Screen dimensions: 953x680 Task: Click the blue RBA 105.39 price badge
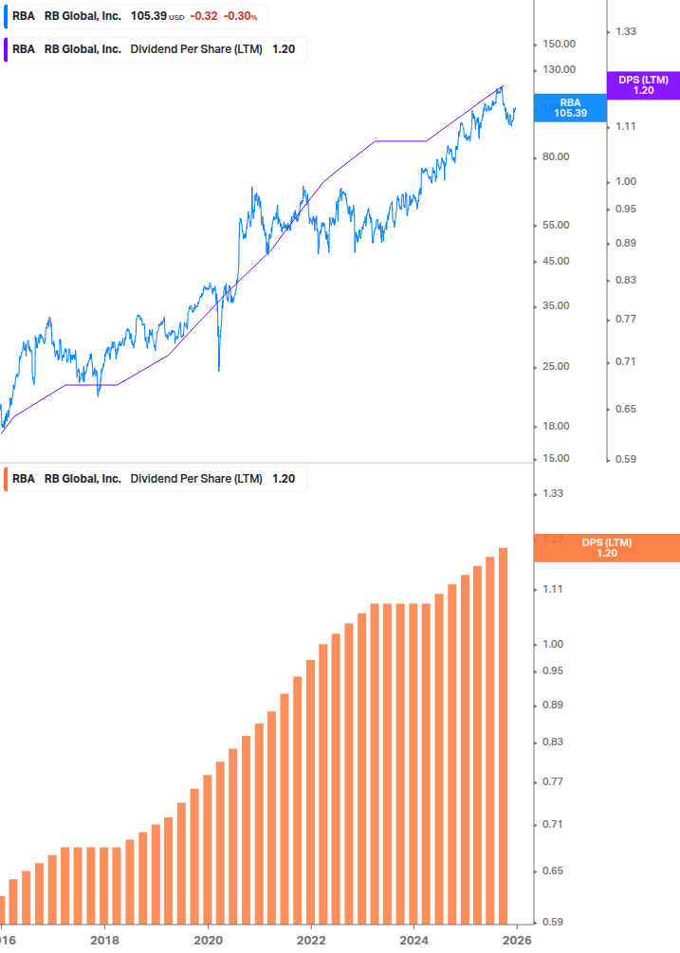[570, 107]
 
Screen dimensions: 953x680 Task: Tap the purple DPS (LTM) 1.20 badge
[643, 85]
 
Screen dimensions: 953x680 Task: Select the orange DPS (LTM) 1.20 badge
[607, 548]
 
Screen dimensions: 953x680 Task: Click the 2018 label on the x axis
[104, 940]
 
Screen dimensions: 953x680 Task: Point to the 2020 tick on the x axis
[208, 940]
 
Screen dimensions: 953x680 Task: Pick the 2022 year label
[311, 940]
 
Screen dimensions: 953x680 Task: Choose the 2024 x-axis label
[414, 940]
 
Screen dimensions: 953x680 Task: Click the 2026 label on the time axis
[517, 940]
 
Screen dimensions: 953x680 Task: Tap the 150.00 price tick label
[559, 44]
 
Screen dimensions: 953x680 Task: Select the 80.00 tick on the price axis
[556, 156]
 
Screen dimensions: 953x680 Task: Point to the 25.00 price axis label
[556, 367]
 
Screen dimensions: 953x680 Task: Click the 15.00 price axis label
[556, 459]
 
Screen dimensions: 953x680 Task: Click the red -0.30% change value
[241, 16]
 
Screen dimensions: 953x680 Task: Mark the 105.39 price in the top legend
[147, 16]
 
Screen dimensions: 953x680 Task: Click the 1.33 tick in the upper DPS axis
[626, 31]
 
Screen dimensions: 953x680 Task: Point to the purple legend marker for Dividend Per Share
[6, 49]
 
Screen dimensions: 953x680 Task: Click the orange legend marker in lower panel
[6, 479]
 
